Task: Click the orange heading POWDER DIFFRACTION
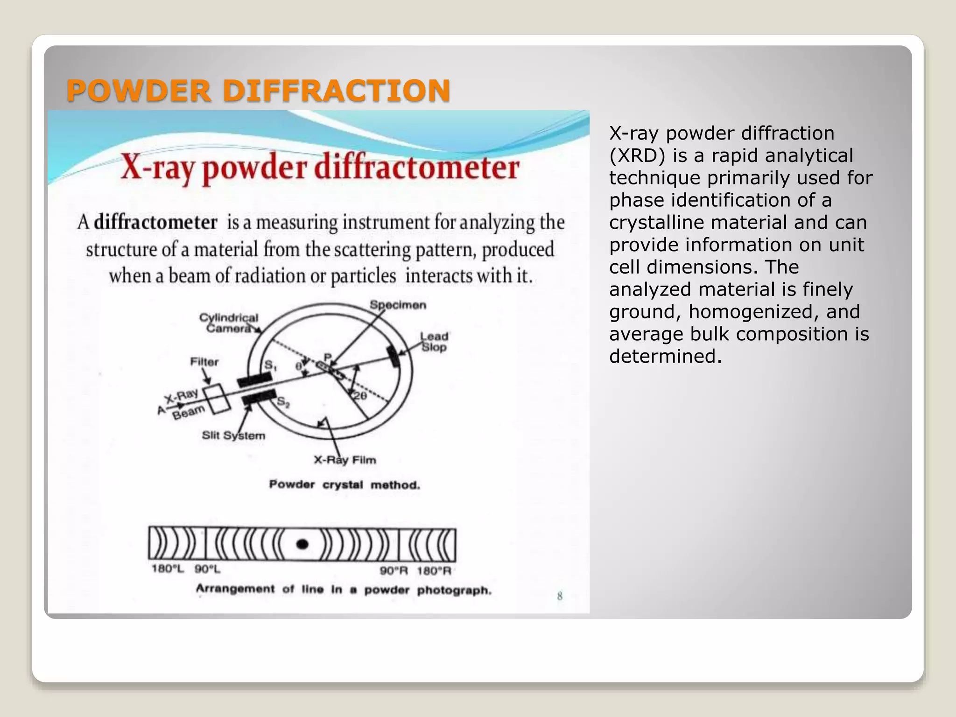click(258, 91)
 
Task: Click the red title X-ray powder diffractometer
click(320, 168)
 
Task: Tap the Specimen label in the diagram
click(398, 305)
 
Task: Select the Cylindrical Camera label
click(229, 323)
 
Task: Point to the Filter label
click(204, 362)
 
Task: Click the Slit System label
click(233, 436)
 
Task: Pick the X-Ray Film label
click(345, 460)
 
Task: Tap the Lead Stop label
click(434, 342)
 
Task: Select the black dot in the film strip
click(302, 544)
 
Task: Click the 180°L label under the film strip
click(168, 569)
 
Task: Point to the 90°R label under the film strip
click(394, 571)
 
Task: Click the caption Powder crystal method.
click(344, 485)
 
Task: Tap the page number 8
click(560, 596)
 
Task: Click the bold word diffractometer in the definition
click(155, 222)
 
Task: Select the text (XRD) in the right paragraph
click(637, 156)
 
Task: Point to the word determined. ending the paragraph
click(666, 357)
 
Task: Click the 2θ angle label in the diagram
click(360, 396)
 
